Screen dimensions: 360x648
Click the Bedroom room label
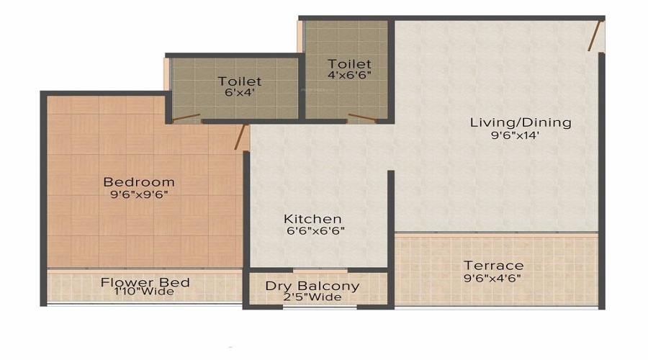(x=138, y=181)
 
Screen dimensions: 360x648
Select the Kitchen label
(x=312, y=218)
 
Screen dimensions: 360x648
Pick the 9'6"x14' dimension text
(x=515, y=134)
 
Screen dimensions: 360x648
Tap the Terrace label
(x=493, y=265)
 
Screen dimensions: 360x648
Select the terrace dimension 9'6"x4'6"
(x=493, y=277)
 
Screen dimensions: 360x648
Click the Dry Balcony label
(x=312, y=286)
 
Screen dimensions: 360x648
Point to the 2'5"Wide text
(x=312, y=297)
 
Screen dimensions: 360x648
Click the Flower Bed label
(x=145, y=282)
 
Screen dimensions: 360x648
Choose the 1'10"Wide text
(x=145, y=292)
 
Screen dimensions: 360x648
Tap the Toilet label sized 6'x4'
(x=240, y=81)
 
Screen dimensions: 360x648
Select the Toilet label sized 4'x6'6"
(x=349, y=63)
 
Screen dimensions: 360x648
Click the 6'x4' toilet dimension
(x=240, y=92)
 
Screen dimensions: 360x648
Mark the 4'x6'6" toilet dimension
(x=349, y=75)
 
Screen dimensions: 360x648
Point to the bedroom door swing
(x=242, y=137)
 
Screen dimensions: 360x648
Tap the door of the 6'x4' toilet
(x=186, y=117)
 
